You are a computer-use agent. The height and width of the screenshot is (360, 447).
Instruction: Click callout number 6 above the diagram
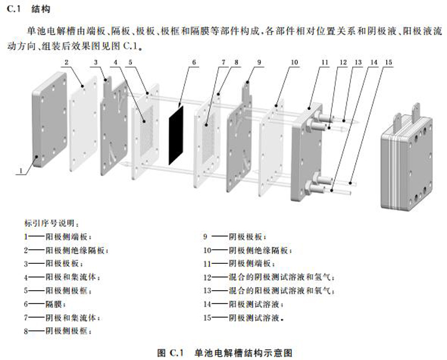coord(194,62)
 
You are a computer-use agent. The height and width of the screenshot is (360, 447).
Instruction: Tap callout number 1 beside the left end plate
coord(21,170)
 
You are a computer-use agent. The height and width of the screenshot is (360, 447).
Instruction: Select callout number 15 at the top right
coord(388,62)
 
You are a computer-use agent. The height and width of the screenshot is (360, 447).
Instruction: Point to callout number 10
coord(294,62)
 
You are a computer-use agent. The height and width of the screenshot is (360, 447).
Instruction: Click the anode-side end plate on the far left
coord(50,120)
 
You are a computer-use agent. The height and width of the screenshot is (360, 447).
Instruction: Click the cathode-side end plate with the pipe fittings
coord(306,153)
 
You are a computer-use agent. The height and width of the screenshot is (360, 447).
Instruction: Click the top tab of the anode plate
coord(107,85)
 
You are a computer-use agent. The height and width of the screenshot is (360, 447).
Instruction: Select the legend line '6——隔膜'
coord(45,304)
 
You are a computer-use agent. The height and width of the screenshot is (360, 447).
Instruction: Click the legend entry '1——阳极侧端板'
coord(58,236)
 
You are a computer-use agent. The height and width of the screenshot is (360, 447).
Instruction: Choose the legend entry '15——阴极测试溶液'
coord(244,318)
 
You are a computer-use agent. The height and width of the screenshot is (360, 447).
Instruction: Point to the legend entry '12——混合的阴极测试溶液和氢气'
coord(269,277)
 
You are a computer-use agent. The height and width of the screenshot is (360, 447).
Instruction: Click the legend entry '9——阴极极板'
coord(235,236)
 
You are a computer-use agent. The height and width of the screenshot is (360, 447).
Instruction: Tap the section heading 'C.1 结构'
coord(28,9)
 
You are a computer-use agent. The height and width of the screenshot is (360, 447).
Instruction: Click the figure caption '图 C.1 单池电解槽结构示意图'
coord(225,353)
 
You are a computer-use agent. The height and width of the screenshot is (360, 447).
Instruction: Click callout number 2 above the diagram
coord(66,62)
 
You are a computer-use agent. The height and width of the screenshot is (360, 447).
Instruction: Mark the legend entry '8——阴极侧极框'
coord(58,331)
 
